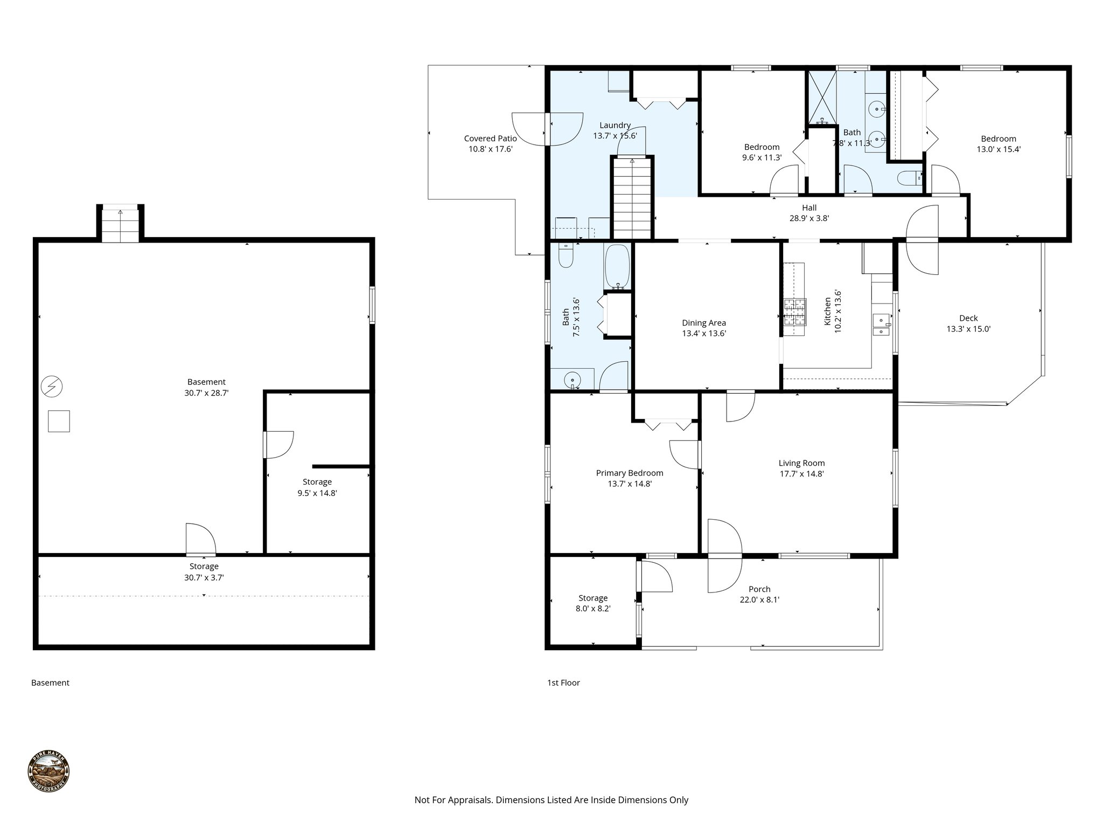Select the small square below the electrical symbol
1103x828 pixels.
click(59, 421)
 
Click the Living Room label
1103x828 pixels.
click(801, 463)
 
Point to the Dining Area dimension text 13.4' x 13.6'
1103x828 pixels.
click(704, 334)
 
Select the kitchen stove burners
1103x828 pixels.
click(795, 312)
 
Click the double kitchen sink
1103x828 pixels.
click(881, 325)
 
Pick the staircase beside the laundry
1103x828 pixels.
click(632, 198)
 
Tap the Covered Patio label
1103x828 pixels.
click(490, 139)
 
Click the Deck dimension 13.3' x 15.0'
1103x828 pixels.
click(968, 329)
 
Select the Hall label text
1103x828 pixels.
click(809, 208)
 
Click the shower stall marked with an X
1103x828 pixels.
click(821, 97)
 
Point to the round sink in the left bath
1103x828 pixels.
click(573, 380)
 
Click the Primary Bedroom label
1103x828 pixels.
click(630, 473)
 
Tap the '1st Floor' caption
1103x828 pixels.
click(563, 682)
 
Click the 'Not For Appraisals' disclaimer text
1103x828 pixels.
click(551, 800)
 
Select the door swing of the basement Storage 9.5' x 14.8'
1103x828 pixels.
click(279, 445)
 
